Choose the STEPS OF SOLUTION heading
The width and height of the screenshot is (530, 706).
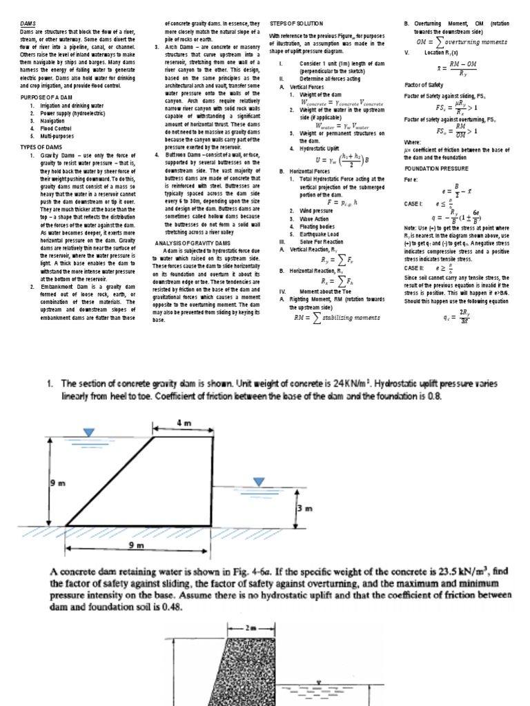click(295, 23)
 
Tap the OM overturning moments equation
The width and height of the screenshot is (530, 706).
click(464, 41)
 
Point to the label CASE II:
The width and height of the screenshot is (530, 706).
click(415, 268)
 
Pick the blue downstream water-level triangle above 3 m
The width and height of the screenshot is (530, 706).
click(259, 481)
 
